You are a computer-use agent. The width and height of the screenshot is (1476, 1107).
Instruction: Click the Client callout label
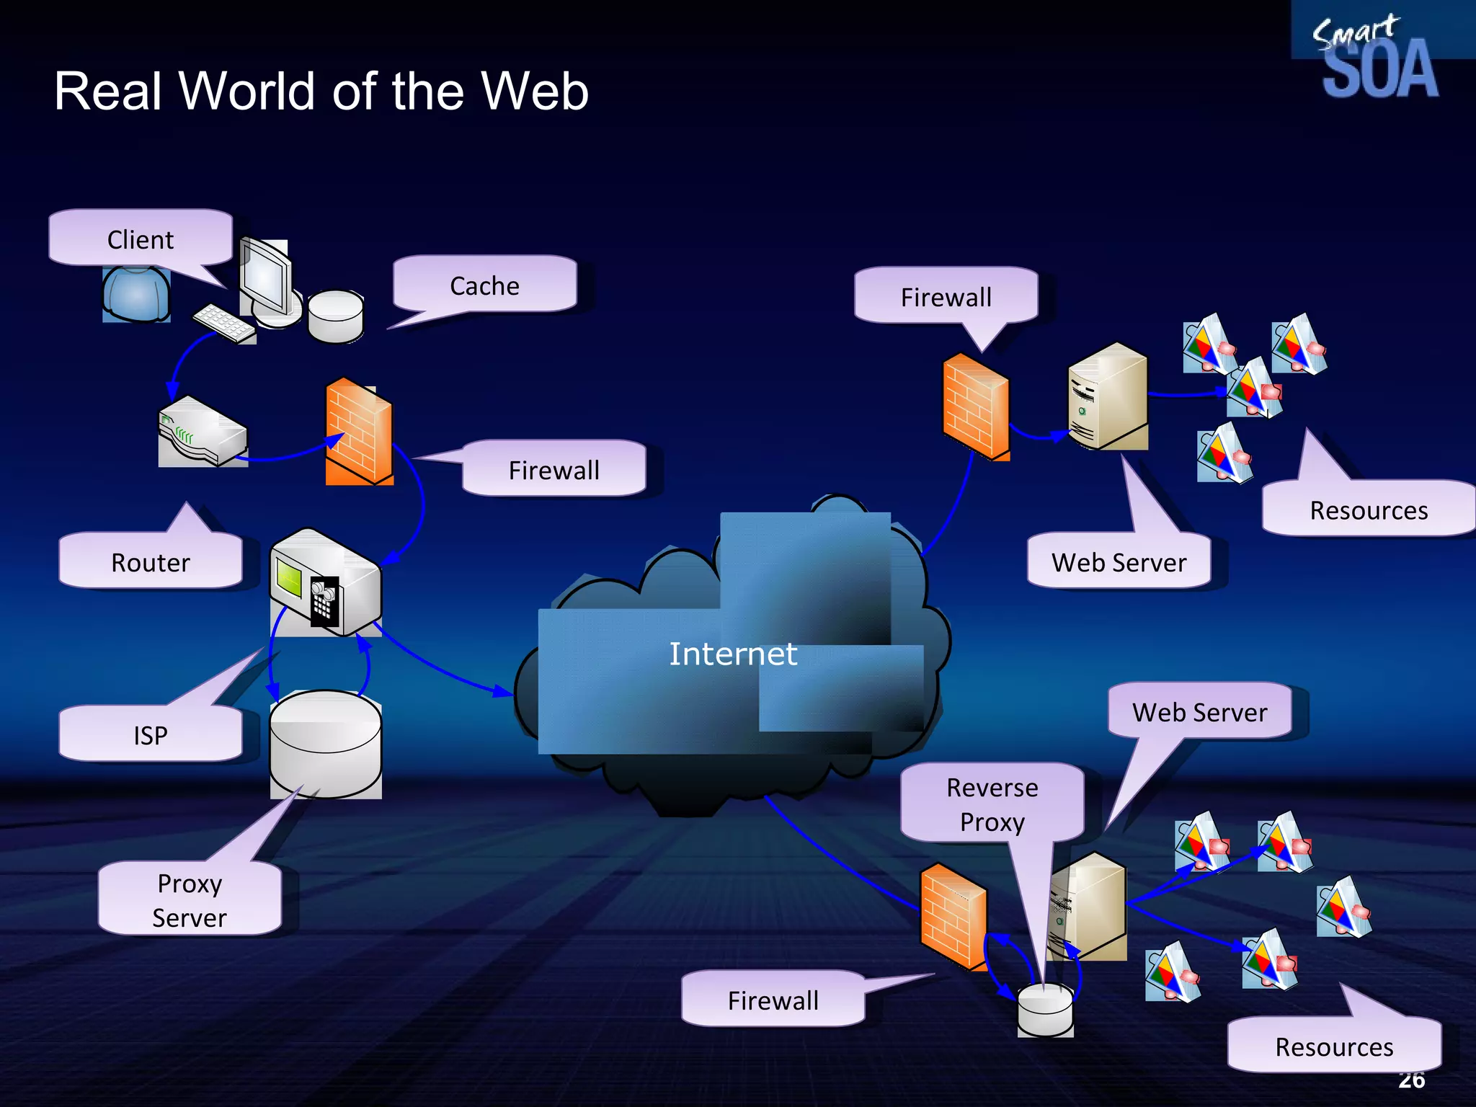pos(141,239)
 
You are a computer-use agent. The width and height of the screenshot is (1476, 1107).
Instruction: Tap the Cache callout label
pos(484,286)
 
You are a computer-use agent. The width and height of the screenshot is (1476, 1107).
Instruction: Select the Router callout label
pos(150,562)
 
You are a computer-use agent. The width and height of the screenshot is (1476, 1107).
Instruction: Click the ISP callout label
pos(150,735)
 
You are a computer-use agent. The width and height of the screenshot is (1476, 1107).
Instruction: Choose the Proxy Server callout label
pos(190,900)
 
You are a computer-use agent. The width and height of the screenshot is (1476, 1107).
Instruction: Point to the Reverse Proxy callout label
pos(992,804)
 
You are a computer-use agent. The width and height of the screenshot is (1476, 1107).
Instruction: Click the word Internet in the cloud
pos(733,654)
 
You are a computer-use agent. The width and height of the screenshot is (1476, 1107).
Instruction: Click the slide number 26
pos(1411,1080)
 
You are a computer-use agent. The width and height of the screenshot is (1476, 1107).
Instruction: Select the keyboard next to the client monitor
pos(224,323)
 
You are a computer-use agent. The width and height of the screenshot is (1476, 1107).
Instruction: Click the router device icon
pos(203,431)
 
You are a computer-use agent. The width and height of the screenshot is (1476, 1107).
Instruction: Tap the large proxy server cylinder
pos(326,744)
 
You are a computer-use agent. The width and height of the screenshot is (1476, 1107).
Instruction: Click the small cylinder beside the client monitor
pos(335,316)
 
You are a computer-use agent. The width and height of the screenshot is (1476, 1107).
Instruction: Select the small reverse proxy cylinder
pos(1045,1009)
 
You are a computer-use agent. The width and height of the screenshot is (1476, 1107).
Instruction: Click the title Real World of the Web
pos(321,92)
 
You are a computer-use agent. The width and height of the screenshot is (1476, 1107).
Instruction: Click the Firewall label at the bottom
pos(773,1000)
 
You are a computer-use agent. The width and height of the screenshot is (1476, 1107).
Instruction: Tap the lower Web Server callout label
pos(1199,712)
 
